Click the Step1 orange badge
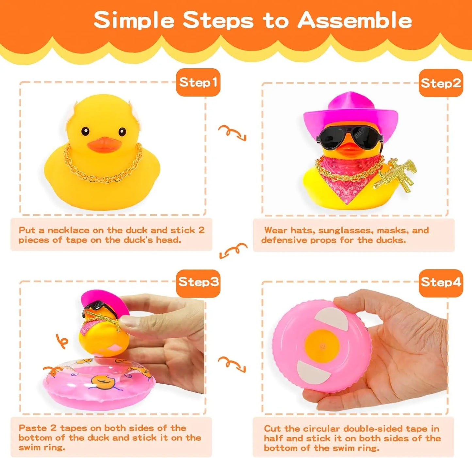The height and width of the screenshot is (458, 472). click(198, 82)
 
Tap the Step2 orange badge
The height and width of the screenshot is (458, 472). click(441, 83)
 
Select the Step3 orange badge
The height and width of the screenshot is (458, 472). click(198, 282)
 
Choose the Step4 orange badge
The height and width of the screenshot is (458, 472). click(441, 282)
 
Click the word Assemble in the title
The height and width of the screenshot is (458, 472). click(354, 20)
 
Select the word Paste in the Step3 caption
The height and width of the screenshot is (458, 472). click(33, 428)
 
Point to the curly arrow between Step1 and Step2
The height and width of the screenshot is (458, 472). click(232, 132)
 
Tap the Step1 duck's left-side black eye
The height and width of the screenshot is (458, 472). click(85, 131)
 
